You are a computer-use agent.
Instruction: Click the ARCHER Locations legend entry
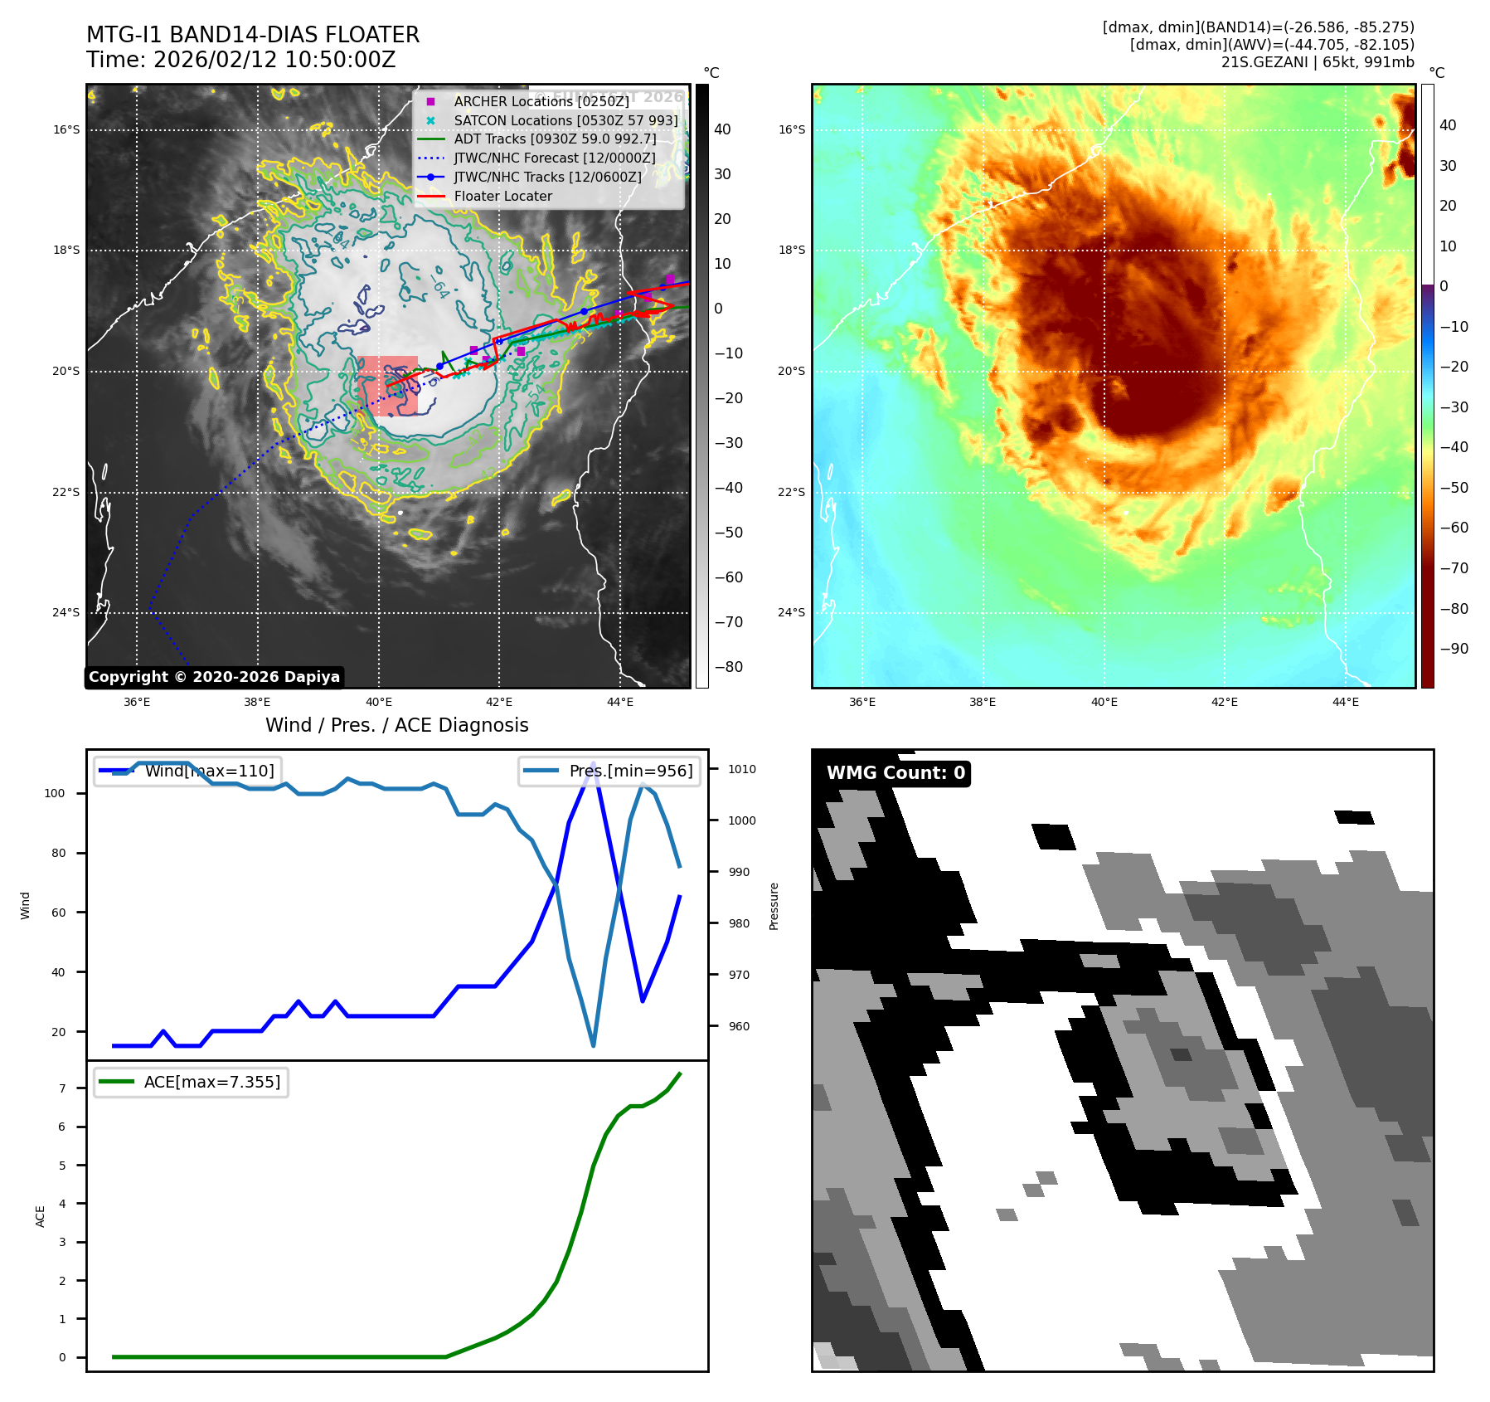[541, 101]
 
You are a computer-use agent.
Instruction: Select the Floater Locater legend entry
[502, 196]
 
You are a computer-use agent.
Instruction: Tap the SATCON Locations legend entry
[565, 120]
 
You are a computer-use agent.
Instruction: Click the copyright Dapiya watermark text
[214, 677]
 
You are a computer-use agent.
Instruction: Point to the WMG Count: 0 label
[895, 773]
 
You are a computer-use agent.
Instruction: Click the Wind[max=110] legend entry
[209, 771]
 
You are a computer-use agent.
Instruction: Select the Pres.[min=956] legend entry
[630, 771]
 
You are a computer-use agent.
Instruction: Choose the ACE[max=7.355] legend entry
[212, 1082]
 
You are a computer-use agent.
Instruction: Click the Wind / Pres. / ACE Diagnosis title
[396, 725]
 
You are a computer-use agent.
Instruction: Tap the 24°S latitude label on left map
[66, 613]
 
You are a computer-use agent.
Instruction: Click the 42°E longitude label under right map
[1225, 702]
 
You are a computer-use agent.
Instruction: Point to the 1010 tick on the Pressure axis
[742, 769]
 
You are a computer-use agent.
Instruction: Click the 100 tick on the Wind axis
[54, 793]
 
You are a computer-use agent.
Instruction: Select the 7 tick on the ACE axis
[62, 1088]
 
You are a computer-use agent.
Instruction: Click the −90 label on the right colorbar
[1454, 649]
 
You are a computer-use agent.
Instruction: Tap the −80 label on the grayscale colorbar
[729, 667]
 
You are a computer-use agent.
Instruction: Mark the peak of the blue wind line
[593, 762]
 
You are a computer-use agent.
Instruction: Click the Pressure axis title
[774, 906]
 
